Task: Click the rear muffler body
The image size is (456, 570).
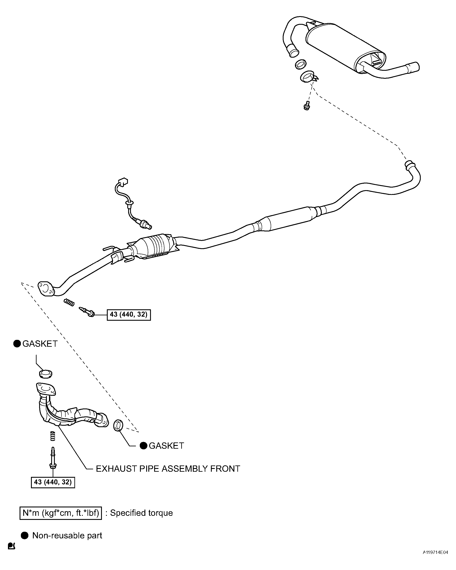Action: (344, 48)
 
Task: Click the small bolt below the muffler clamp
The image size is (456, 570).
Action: (306, 106)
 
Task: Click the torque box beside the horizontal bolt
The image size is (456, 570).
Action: (129, 315)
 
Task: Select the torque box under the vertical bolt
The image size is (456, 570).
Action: (53, 482)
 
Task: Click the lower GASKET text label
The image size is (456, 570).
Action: (166, 445)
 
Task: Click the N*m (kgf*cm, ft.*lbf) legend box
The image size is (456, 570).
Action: (60, 513)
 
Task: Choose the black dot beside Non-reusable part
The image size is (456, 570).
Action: (25, 535)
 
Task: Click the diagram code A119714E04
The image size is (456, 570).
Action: (435, 559)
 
